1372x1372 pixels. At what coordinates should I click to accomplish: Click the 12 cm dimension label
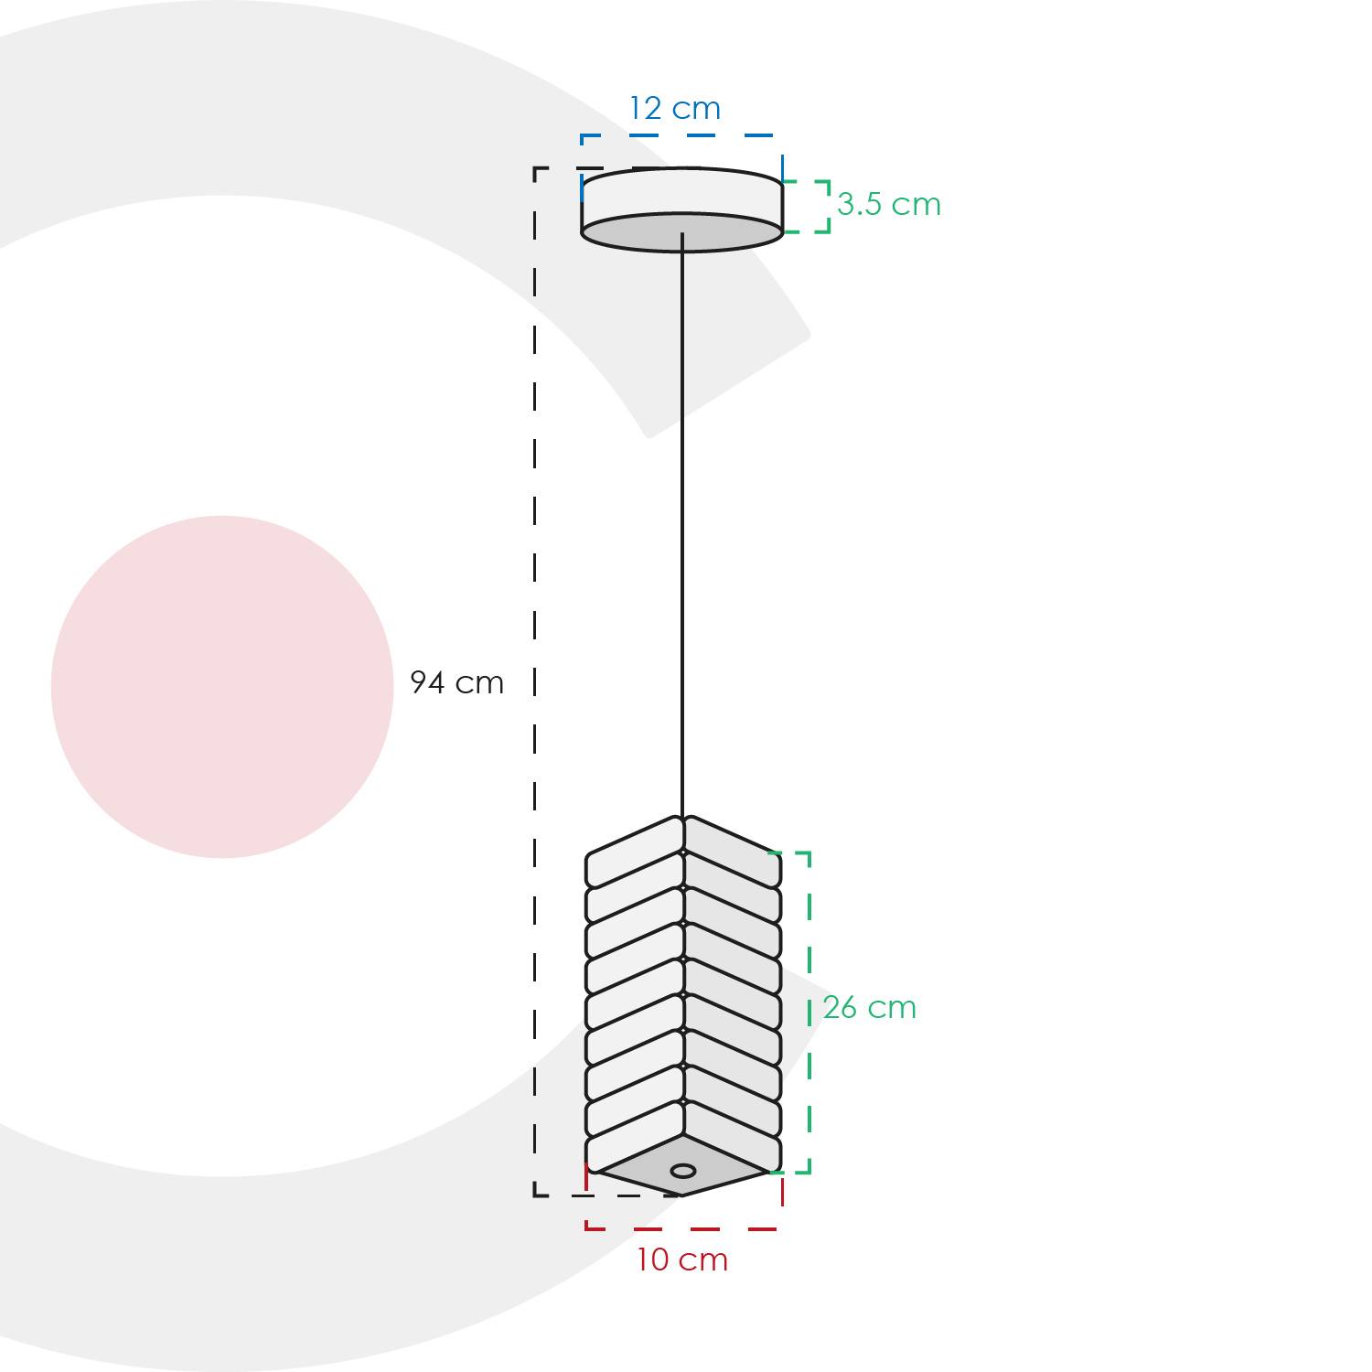pyautogui.click(x=675, y=109)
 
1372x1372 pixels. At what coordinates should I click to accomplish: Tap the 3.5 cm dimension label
pyautogui.click(x=889, y=205)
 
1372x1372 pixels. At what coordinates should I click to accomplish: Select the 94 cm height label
pyautogui.click(x=456, y=682)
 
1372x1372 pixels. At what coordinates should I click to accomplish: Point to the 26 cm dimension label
pyautogui.click(x=869, y=1008)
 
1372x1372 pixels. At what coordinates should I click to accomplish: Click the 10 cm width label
pyautogui.click(x=682, y=1260)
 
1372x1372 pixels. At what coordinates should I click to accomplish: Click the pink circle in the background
pyautogui.click(x=222, y=687)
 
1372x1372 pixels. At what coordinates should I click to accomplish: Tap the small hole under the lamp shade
pyautogui.click(x=683, y=1171)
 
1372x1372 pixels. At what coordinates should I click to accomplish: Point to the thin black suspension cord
pyautogui.click(x=681, y=526)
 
